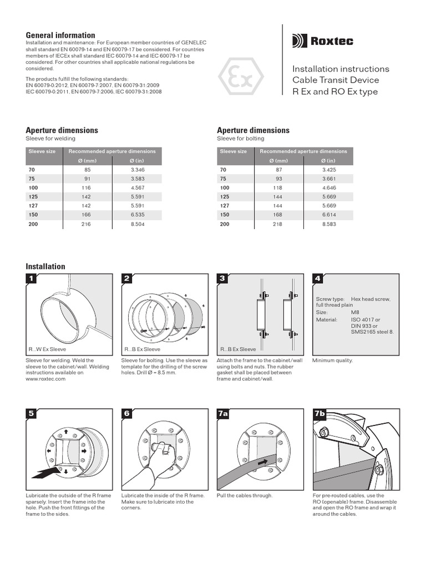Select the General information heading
tap(60, 35)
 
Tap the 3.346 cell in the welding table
tap(137, 169)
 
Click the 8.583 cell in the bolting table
tap(329, 224)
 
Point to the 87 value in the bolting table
tap(279, 169)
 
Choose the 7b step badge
tap(319, 413)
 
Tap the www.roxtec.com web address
tap(47, 379)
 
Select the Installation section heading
tap(45, 266)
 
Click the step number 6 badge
tap(128, 413)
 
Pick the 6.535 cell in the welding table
tap(137, 215)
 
